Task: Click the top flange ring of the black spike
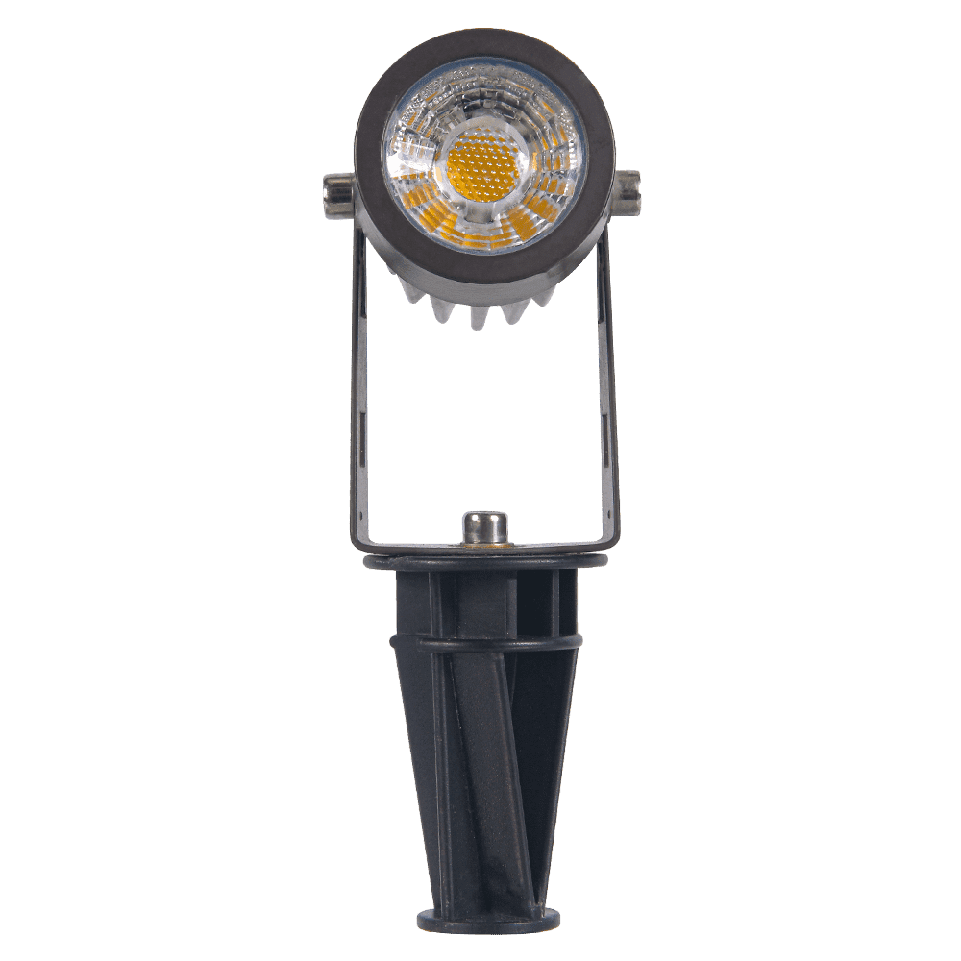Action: [x=485, y=562]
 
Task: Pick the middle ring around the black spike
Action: [x=485, y=642]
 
